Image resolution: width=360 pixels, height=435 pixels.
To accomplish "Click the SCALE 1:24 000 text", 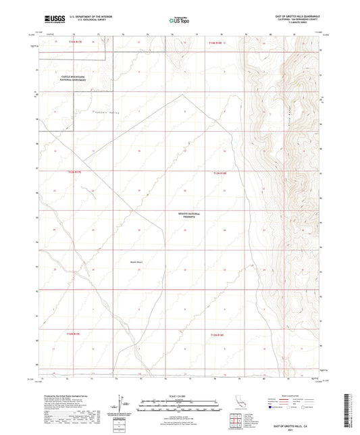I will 180,394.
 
